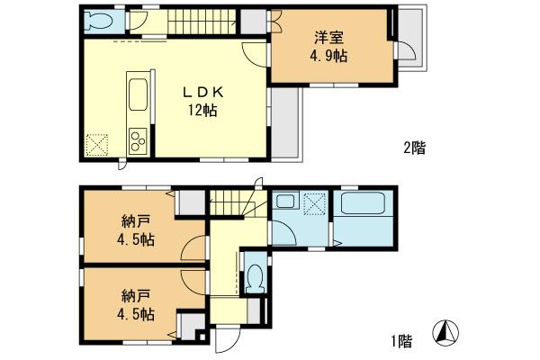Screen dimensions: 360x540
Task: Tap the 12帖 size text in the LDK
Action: point(202,111)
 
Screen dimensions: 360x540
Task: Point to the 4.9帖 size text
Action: point(330,55)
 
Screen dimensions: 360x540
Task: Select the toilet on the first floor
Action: point(256,276)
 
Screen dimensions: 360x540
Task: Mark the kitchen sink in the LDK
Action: point(139,94)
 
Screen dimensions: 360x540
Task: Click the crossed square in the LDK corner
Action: point(96,144)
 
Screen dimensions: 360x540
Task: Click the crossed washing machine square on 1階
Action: point(315,206)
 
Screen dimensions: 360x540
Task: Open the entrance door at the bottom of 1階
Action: point(225,340)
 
